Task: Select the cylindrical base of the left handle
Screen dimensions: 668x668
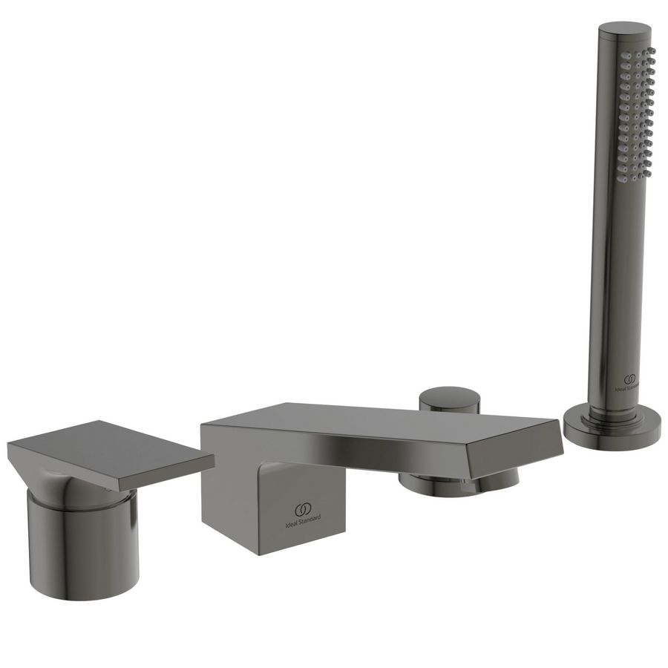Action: point(83,546)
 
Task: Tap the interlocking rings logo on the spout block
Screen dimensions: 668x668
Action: point(302,509)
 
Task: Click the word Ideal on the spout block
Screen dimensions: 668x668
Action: point(291,520)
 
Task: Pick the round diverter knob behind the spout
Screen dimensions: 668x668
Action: point(449,398)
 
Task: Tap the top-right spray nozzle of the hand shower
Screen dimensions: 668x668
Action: point(652,52)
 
